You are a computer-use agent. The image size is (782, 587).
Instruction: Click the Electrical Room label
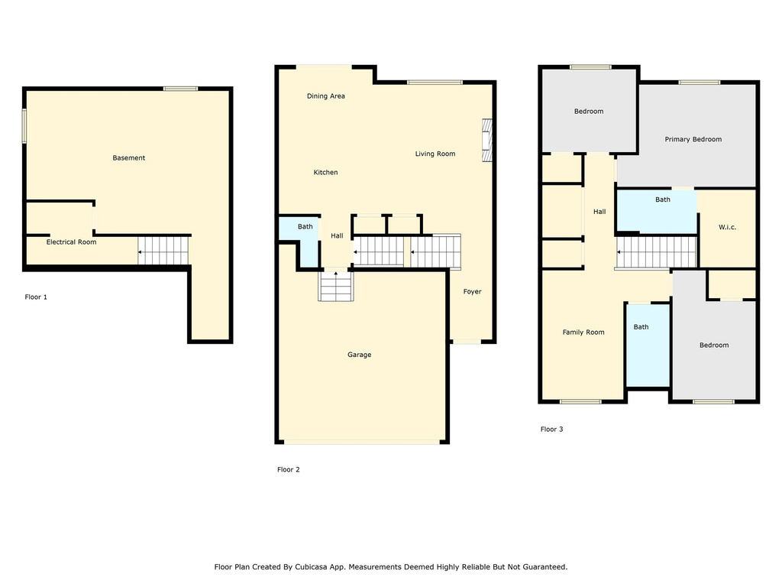click(71, 242)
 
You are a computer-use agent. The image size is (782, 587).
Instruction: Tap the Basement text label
click(128, 158)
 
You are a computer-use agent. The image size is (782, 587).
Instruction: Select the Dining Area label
click(326, 96)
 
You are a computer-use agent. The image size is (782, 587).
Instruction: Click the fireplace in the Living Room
click(486, 141)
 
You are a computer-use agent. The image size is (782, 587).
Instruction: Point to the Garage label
click(359, 355)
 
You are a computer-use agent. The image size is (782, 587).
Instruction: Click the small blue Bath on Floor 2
click(305, 227)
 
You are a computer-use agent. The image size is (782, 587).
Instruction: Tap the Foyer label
click(472, 291)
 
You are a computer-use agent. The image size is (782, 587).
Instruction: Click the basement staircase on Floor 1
click(163, 250)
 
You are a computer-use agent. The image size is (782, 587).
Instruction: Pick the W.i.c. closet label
click(727, 227)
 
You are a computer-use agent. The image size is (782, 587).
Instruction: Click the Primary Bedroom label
click(693, 139)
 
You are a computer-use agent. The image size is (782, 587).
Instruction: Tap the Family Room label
click(583, 332)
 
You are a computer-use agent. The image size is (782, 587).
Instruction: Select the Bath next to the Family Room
click(641, 327)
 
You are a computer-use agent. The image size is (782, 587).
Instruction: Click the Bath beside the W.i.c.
click(662, 199)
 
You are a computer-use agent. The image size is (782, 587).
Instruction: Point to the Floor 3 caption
click(551, 430)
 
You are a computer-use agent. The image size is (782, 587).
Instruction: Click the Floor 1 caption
click(36, 297)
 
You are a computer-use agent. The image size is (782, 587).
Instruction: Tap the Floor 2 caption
click(288, 470)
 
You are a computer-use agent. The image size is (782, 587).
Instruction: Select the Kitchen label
click(325, 173)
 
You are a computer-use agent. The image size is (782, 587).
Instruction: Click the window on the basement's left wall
click(24, 125)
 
